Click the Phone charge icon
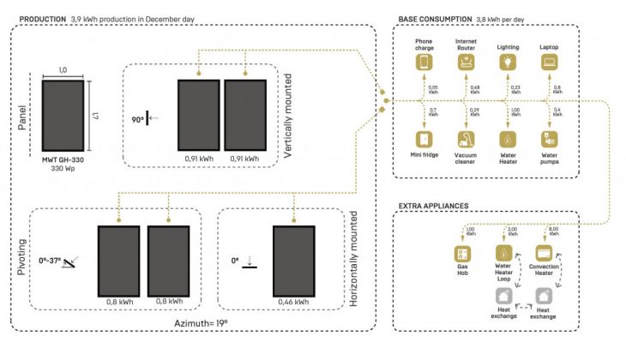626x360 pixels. pyautogui.click(x=424, y=63)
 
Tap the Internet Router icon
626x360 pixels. pyautogui.click(x=466, y=63)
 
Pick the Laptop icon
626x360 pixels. pyautogui.click(x=549, y=63)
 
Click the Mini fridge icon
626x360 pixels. pyautogui.click(x=424, y=138)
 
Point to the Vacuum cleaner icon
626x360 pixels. pyautogui.click(x=466, y=138)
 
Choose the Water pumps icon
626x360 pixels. pyautogui.click(x=549, y=138)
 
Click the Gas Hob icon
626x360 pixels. pyautogui.click(x=463, y=254)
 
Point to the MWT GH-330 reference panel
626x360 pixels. pyautogui.click(x=62, y=117)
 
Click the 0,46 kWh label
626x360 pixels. pyautogui.click(x=293, y=302)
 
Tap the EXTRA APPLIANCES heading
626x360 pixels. pyautogui.click(x=433, y=206)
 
